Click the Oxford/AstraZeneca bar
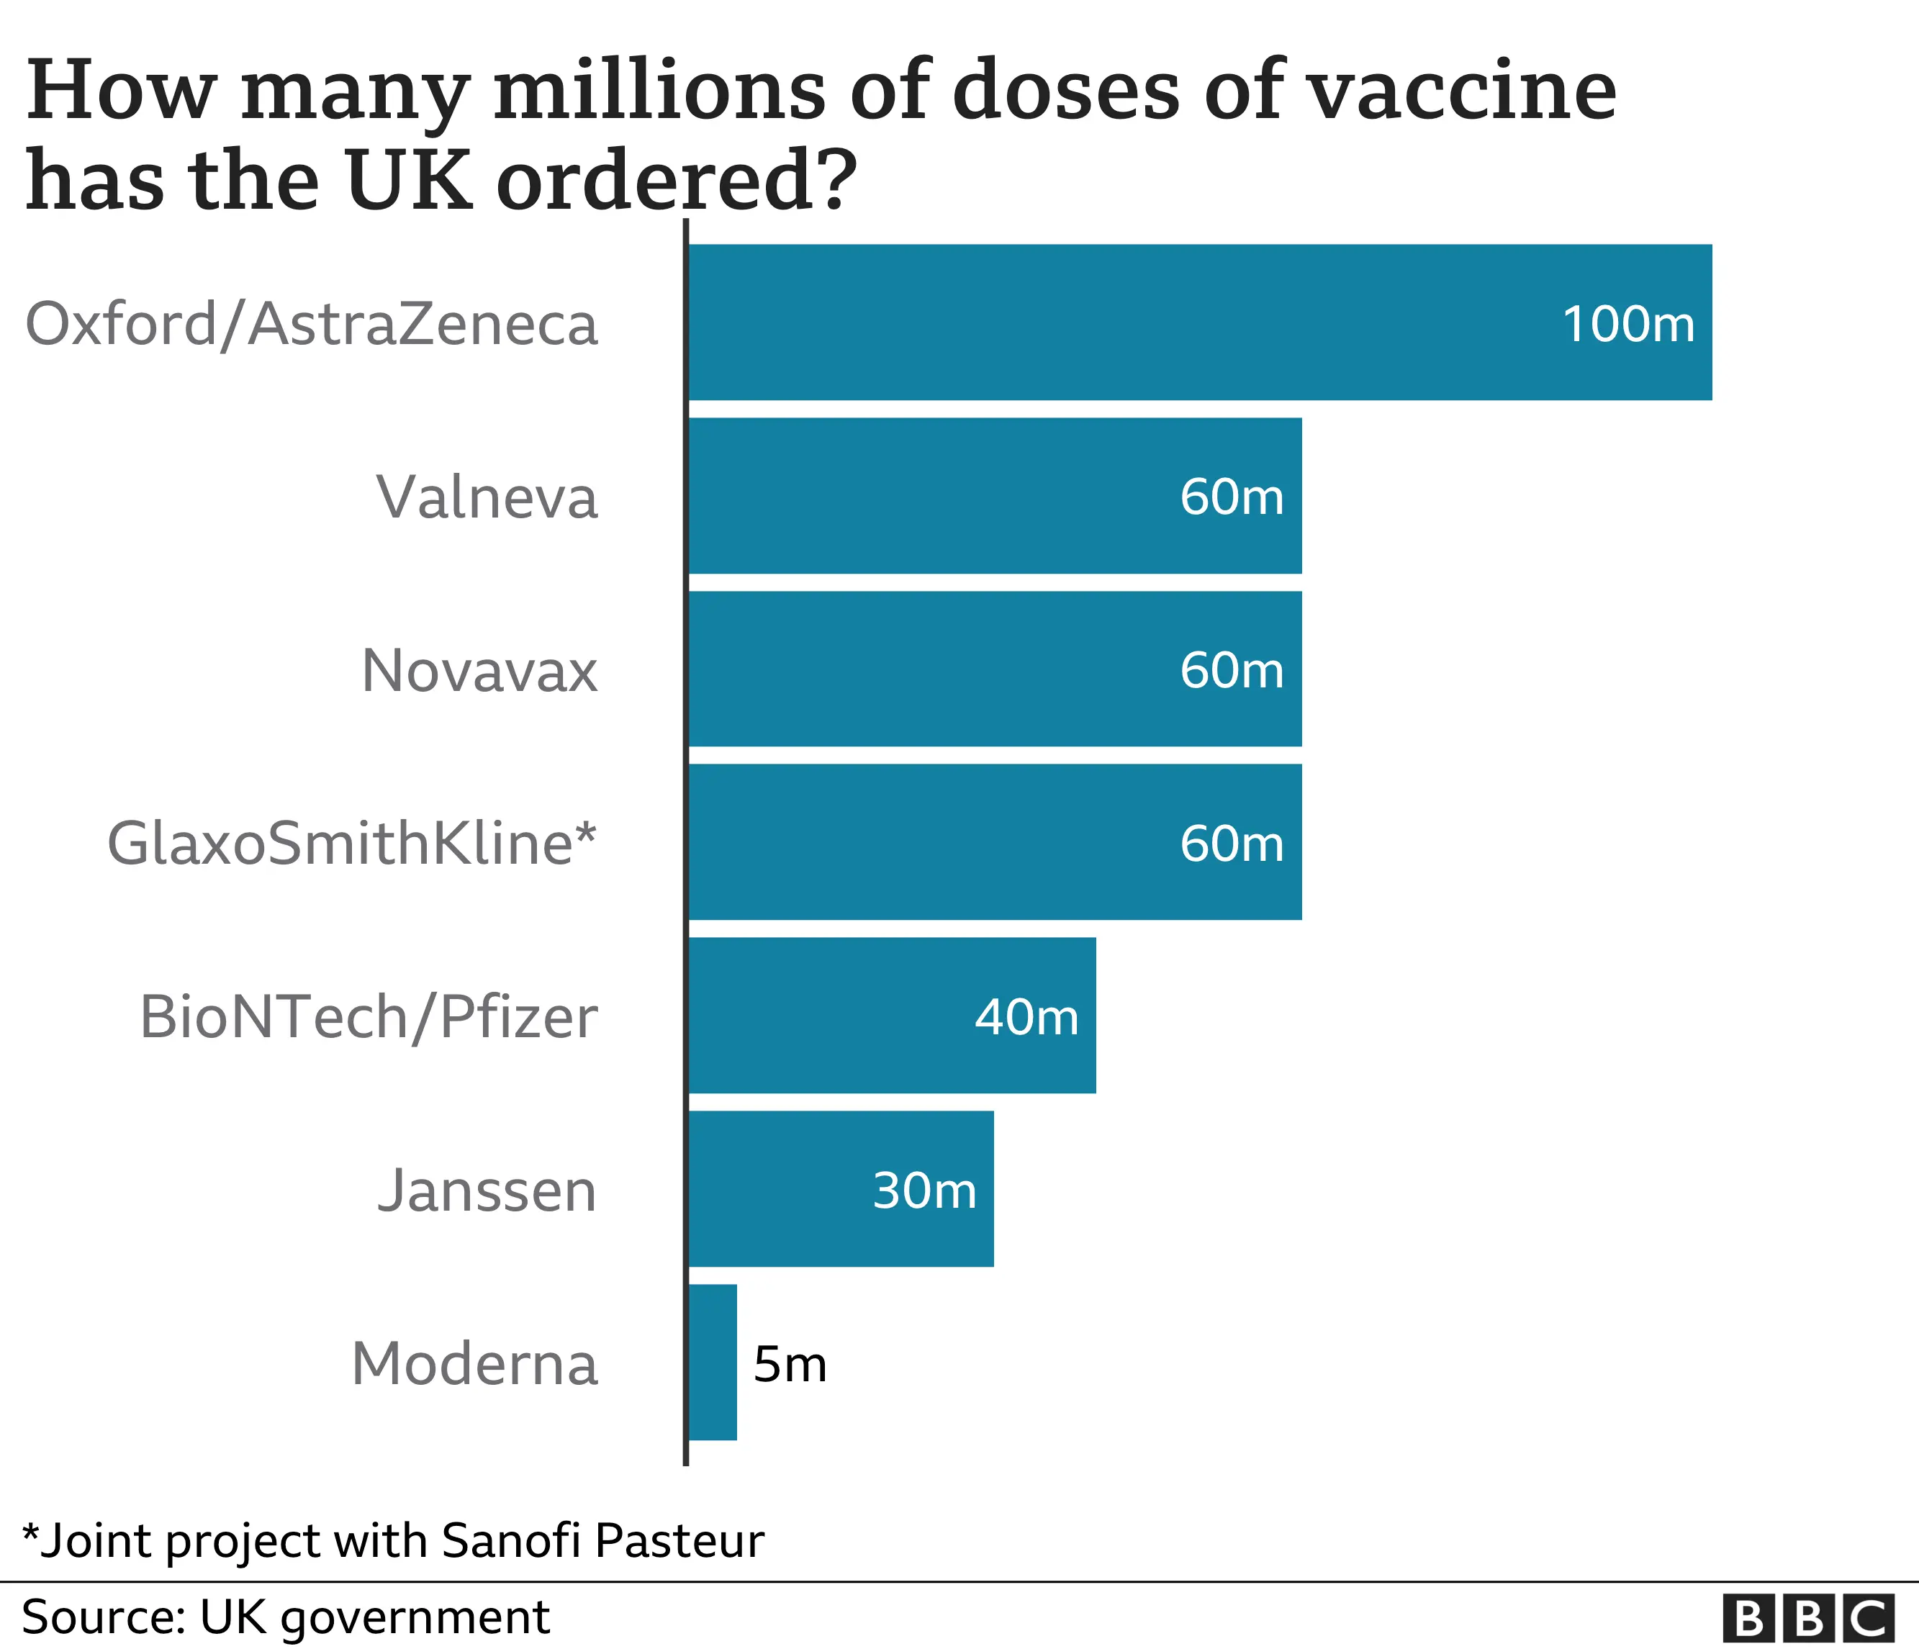(1199, 322)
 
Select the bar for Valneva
(995, 495)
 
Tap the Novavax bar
(995, 669)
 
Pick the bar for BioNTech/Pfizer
(892, 1015)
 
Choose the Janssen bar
(841, 1189)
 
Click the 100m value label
(1628, 324)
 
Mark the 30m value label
(924, 1190)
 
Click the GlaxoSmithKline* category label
(352, 844)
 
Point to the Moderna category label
(474, 1364)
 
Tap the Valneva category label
(487, 497)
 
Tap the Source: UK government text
(285, 1617)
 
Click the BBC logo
(1808, 1619)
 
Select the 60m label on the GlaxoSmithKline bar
(1232, 844)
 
